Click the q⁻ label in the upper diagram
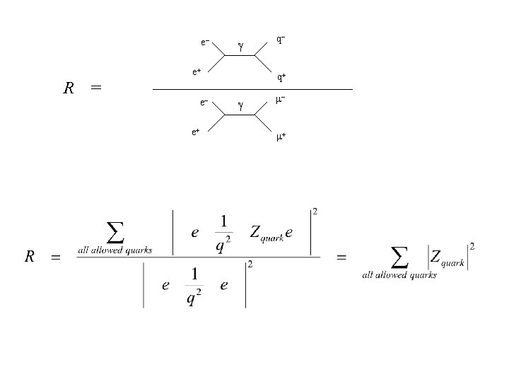[281, 40]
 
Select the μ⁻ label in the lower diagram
[281, 101]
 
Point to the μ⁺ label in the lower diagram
[281, 137]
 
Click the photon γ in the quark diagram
[240, 47]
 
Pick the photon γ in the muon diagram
[240, 106]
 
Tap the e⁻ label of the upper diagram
[204, 42]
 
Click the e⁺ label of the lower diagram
[196, 132]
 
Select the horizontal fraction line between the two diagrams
[252, 90]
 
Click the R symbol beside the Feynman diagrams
[69, 88]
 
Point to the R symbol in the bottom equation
[30, 257]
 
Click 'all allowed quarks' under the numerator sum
[115, 250]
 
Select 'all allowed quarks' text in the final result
[399, 275]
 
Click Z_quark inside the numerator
[267, 234]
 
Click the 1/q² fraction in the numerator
[223, 233]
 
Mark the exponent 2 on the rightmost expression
[472, 245]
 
